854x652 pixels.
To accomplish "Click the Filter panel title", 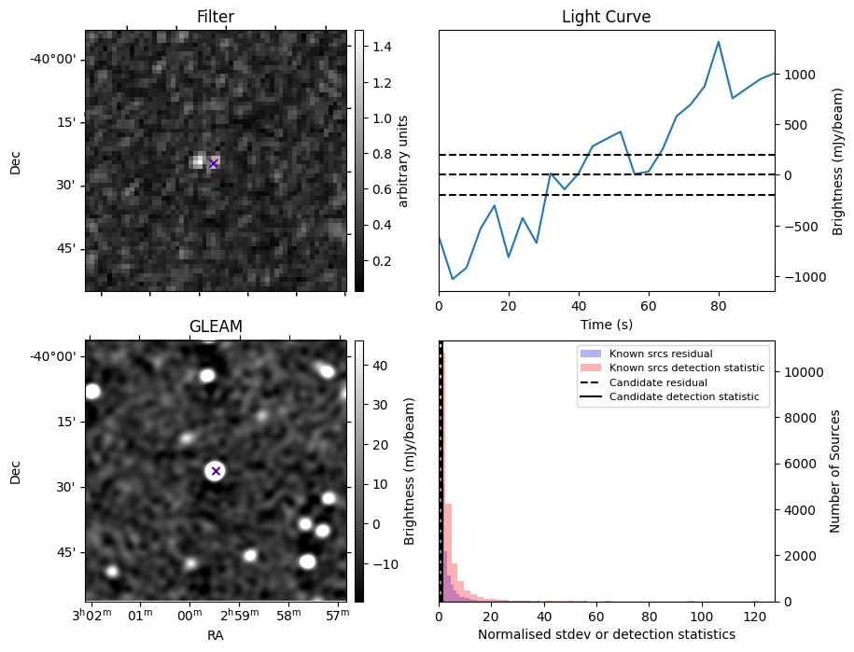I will tap(216, 18).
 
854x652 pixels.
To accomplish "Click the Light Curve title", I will tap(606, 18).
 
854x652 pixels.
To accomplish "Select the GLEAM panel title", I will tap(216, 326).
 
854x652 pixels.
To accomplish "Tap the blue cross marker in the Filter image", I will tap(213, 163).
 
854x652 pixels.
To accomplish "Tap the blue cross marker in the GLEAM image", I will tap(216, 471).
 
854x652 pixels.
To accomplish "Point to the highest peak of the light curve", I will tap(719, 42).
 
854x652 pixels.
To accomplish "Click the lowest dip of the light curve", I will tap(453, 279).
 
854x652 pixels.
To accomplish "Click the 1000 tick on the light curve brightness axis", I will tap(799, 75).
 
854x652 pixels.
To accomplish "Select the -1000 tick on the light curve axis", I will tap(796, 277).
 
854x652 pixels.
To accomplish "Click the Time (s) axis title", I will tap(606, 324).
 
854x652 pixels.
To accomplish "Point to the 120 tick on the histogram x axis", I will tap(754, 616).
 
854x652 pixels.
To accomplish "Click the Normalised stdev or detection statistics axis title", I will tap(606, 634).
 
